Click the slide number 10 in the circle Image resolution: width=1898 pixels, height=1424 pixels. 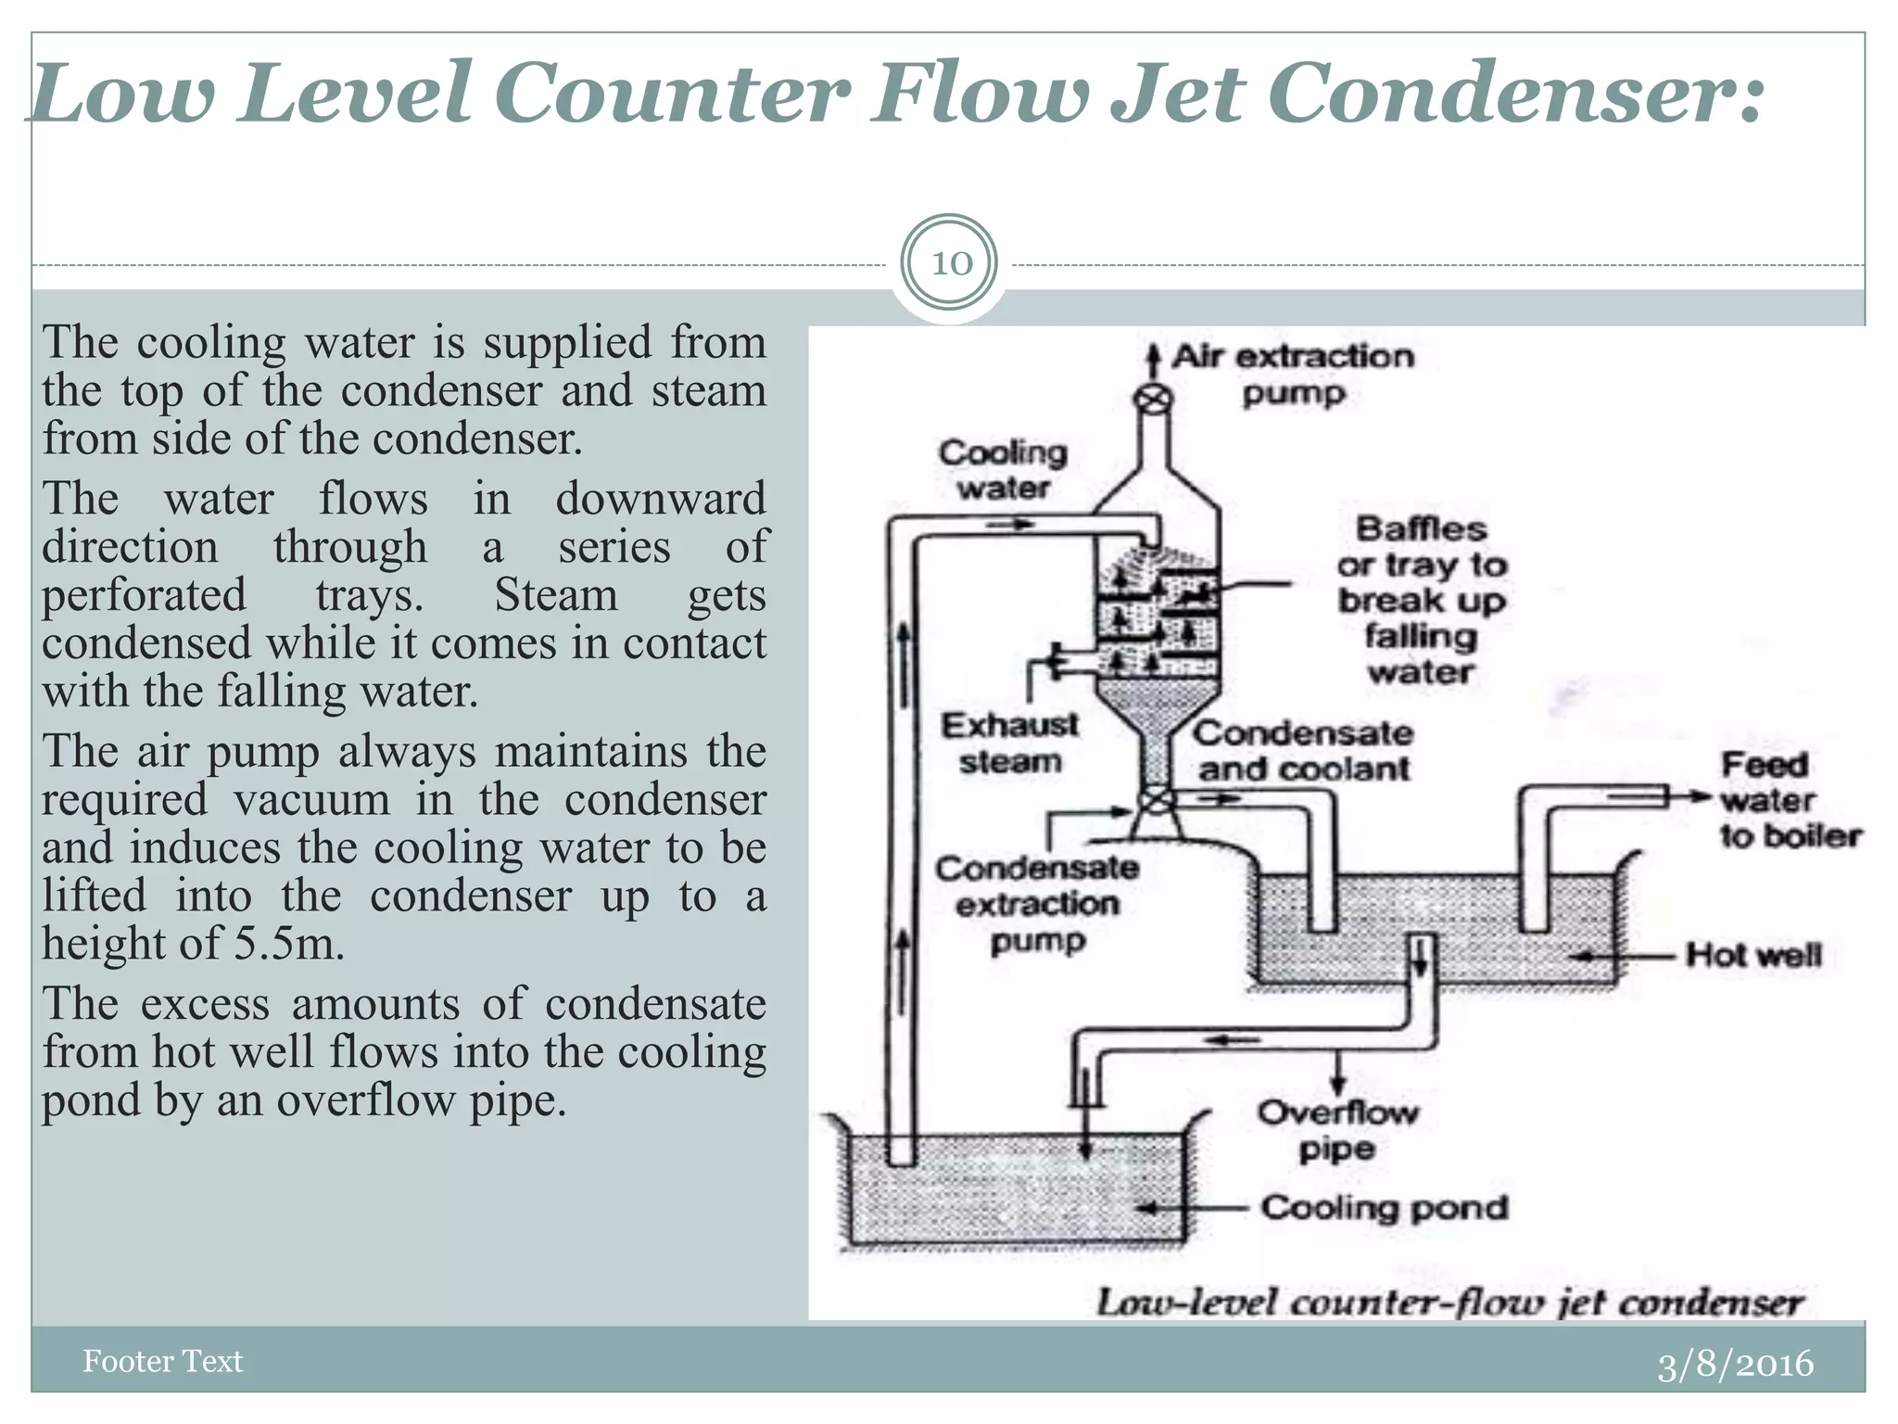(950, 263)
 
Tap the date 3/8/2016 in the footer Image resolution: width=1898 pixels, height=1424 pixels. (1734, 1364)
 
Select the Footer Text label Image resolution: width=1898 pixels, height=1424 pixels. (162, 1361)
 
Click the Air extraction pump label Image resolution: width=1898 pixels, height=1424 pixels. (1293, 375)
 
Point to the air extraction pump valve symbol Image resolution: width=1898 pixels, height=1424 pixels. (1154, 400)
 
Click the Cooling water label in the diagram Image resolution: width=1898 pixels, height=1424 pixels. (1003, 470)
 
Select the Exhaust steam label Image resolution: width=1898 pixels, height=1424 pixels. (1009, 744)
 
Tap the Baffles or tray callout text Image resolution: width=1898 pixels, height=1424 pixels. (1421, 601)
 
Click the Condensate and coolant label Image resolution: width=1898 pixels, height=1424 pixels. (1303, 751)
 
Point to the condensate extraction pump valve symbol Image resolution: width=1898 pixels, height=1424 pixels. (1156, 800)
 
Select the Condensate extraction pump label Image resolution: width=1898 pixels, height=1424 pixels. (1037, 904)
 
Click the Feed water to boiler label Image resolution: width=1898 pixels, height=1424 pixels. (1790, 800)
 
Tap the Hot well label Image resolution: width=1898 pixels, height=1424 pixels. (1752, 954)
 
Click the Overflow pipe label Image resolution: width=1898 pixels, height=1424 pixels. (1336, 1130)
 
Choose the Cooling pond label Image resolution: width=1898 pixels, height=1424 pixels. (1385, 1208)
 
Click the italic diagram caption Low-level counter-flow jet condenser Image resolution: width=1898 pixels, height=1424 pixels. (1449, 1303)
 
